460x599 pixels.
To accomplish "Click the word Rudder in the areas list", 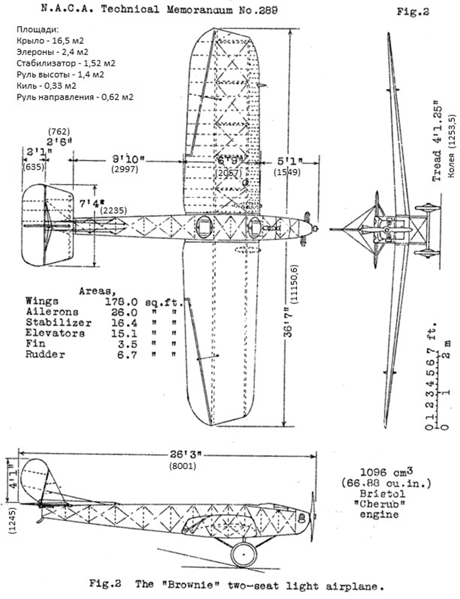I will pos(45,355).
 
